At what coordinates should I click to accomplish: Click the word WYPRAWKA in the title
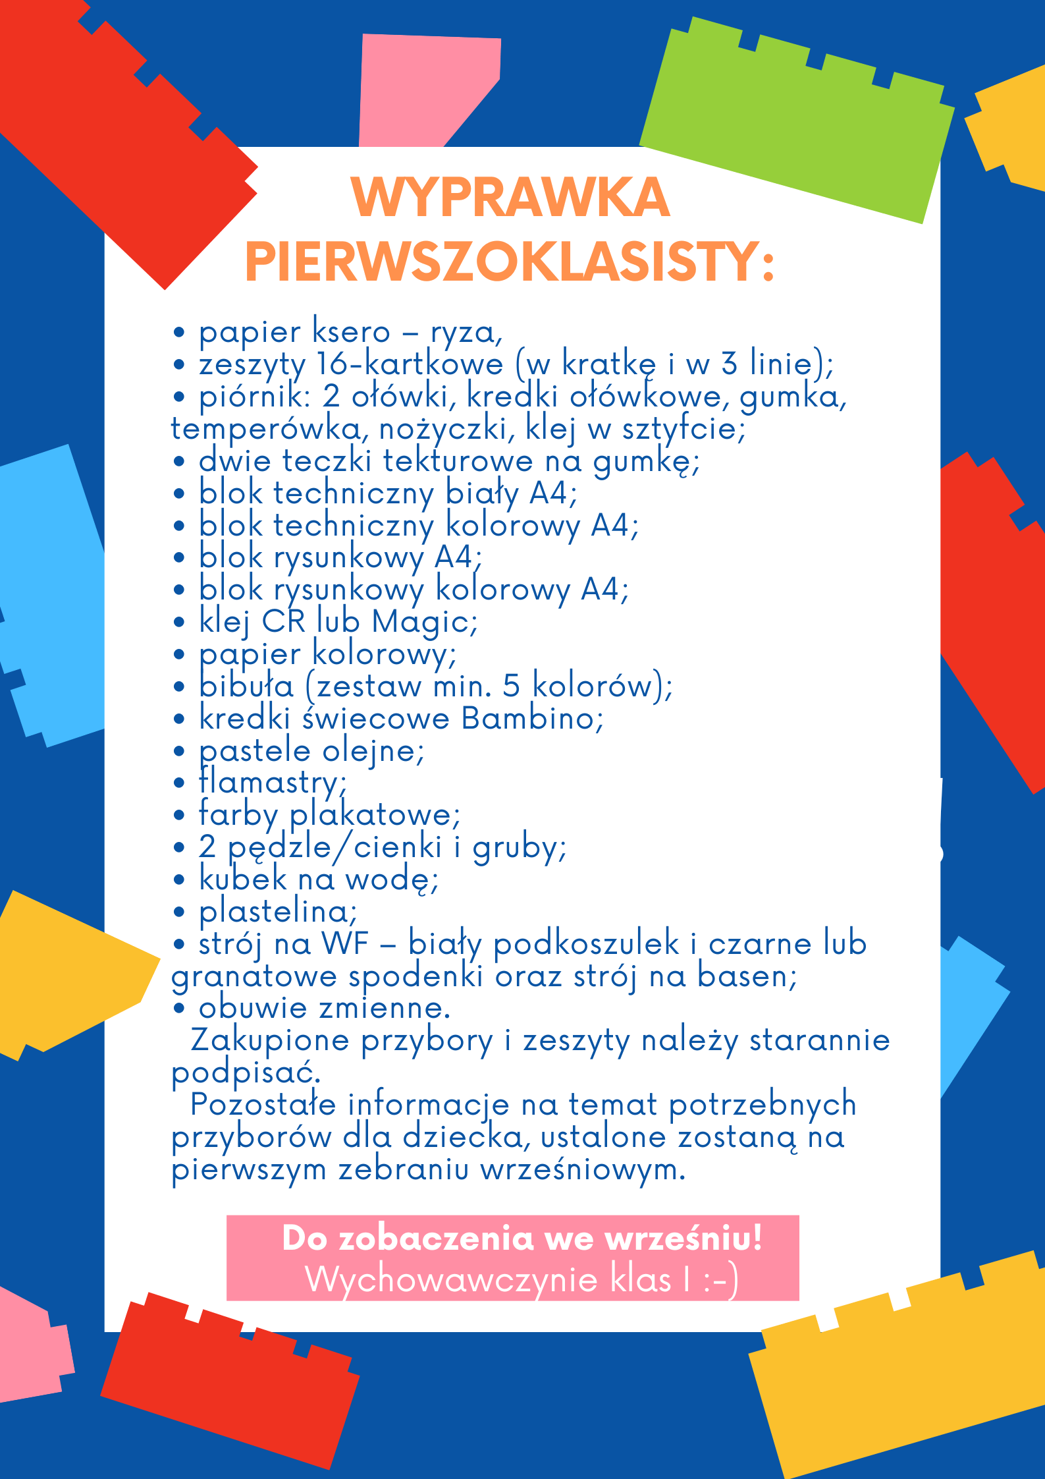coord(510,198)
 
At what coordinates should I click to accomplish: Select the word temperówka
coord(265,429)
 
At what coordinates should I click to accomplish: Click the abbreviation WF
coord(344,943)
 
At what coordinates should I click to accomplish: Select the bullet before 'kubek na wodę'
coord(179,880)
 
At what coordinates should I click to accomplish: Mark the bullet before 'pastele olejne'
coord(179,751)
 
